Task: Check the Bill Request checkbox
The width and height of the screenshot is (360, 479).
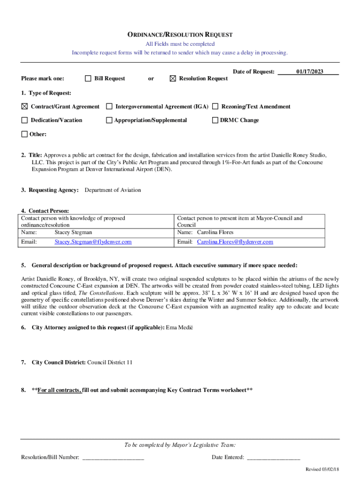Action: coord(88,79)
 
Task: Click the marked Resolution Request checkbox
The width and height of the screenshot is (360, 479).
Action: coord(173,79)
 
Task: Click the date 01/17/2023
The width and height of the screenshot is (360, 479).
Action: coord(309,72)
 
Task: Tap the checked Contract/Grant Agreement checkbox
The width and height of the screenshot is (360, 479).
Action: coord(24,107)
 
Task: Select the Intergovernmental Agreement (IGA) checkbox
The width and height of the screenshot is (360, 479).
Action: coord(109,107)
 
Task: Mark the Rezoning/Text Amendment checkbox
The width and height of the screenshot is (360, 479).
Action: coord(216,107)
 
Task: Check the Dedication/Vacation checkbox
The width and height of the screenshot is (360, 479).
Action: coord(24,120)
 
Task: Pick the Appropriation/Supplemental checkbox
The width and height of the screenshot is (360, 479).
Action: coord(109,120)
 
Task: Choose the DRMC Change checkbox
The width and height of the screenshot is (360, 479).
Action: coord(216,120)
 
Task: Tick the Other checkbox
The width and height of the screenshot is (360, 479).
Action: coord(24,134)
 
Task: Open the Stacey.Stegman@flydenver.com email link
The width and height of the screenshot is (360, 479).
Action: coord(93,242)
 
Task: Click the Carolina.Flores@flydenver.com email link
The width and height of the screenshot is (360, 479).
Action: coord(235,242)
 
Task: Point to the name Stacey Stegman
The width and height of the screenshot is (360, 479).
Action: coord(73,232)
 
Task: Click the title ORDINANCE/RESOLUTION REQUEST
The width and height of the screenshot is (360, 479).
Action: coord(180,35)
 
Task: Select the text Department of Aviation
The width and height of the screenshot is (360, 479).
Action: coord(113,190)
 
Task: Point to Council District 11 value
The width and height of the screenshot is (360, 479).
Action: coord(110,363)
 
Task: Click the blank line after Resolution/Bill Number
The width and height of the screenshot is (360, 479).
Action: coord(113,457)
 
